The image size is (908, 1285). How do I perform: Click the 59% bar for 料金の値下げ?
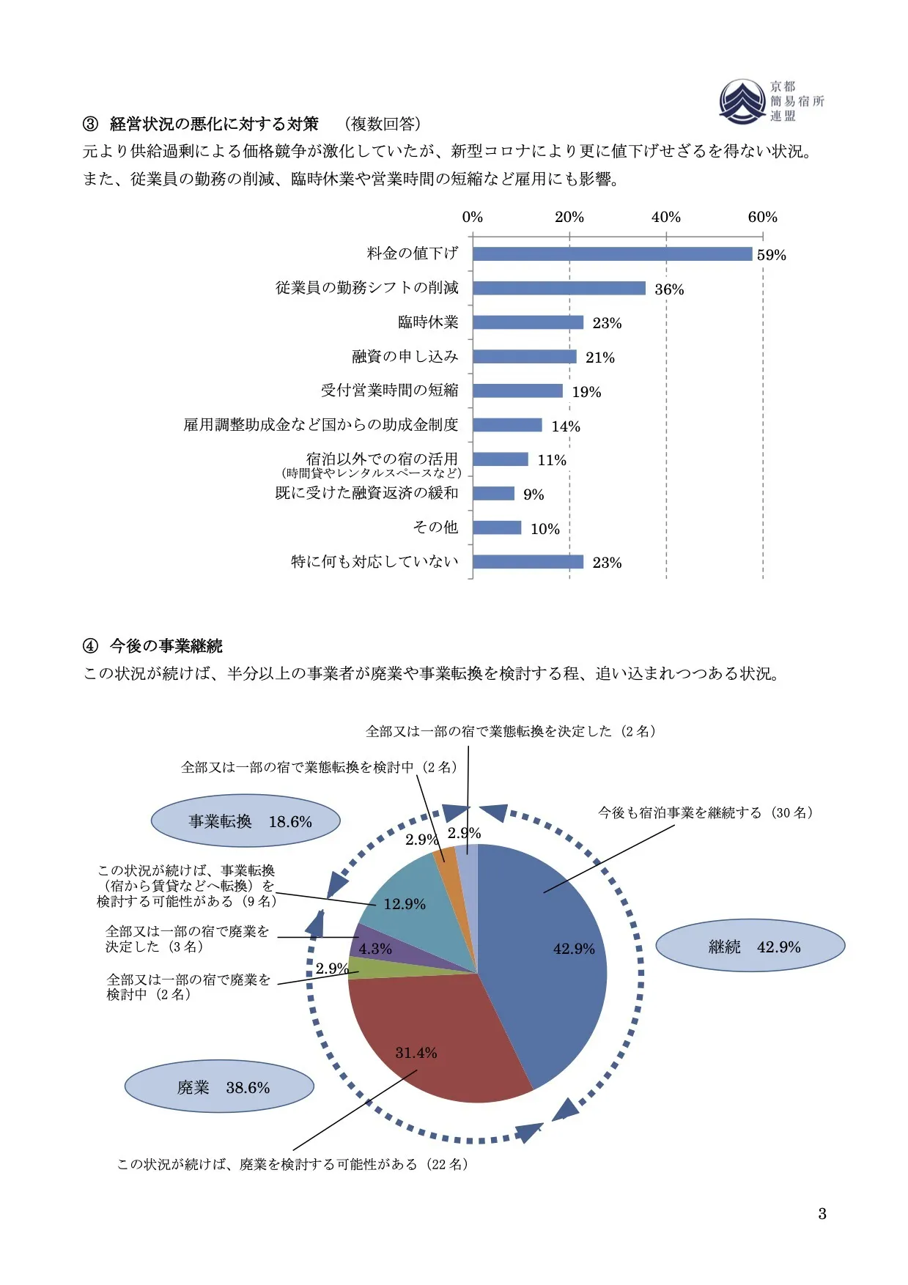[612, 254]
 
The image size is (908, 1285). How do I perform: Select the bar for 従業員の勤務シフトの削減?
[558, 288]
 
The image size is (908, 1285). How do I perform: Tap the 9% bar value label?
[534, 495]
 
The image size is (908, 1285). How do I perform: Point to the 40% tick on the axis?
[665, 217]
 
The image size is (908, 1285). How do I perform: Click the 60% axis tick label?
[762, 217]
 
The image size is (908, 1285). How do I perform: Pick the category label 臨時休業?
[428, 322]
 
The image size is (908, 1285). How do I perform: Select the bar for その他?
[497, 527]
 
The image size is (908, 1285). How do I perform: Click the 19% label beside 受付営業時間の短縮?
[586, 392]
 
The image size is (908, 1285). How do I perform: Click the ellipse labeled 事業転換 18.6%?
[246, 821]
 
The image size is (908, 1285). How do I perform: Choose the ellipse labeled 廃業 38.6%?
[219, 1087]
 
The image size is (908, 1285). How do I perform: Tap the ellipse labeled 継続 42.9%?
[750, 947]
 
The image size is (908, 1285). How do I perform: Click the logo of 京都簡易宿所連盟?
[742, 101]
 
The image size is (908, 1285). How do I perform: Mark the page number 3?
[822, 1214]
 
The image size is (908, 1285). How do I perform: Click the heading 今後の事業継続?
[166, 646]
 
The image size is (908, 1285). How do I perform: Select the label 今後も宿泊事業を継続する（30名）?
[705, 812]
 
